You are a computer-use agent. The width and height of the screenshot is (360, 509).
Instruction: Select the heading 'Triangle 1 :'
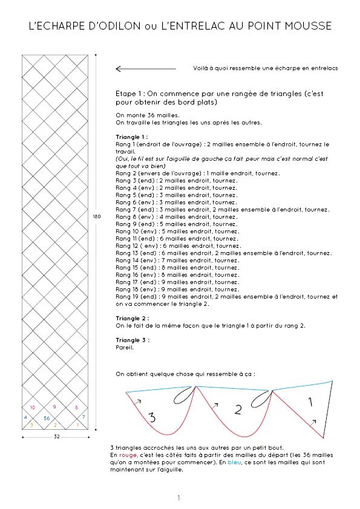131,137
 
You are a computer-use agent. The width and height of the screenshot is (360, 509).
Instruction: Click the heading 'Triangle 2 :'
132,318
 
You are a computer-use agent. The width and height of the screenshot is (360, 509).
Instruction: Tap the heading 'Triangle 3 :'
132,340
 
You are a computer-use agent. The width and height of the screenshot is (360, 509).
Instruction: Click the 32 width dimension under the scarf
56,436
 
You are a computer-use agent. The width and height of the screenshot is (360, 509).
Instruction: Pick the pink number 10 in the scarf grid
32,407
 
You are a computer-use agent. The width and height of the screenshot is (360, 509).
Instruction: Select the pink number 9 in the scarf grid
54,407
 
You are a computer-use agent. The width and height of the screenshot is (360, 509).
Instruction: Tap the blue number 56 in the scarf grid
47,418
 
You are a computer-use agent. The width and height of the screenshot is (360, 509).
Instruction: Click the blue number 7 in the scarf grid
83,417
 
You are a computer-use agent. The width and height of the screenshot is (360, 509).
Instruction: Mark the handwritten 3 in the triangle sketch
152,417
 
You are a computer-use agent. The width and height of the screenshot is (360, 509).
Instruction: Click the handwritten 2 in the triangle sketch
238,410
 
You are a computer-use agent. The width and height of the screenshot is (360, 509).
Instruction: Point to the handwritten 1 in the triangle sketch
310,401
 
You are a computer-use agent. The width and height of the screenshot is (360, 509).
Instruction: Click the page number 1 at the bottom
179,498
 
